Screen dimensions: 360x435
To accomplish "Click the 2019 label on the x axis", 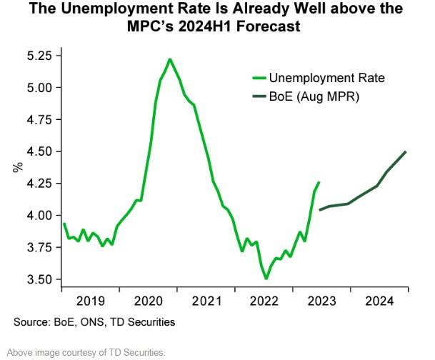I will tap(91, 301).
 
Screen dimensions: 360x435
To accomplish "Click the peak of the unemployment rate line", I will tap(169, 59).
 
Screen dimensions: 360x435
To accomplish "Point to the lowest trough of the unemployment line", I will tap(266, 279).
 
